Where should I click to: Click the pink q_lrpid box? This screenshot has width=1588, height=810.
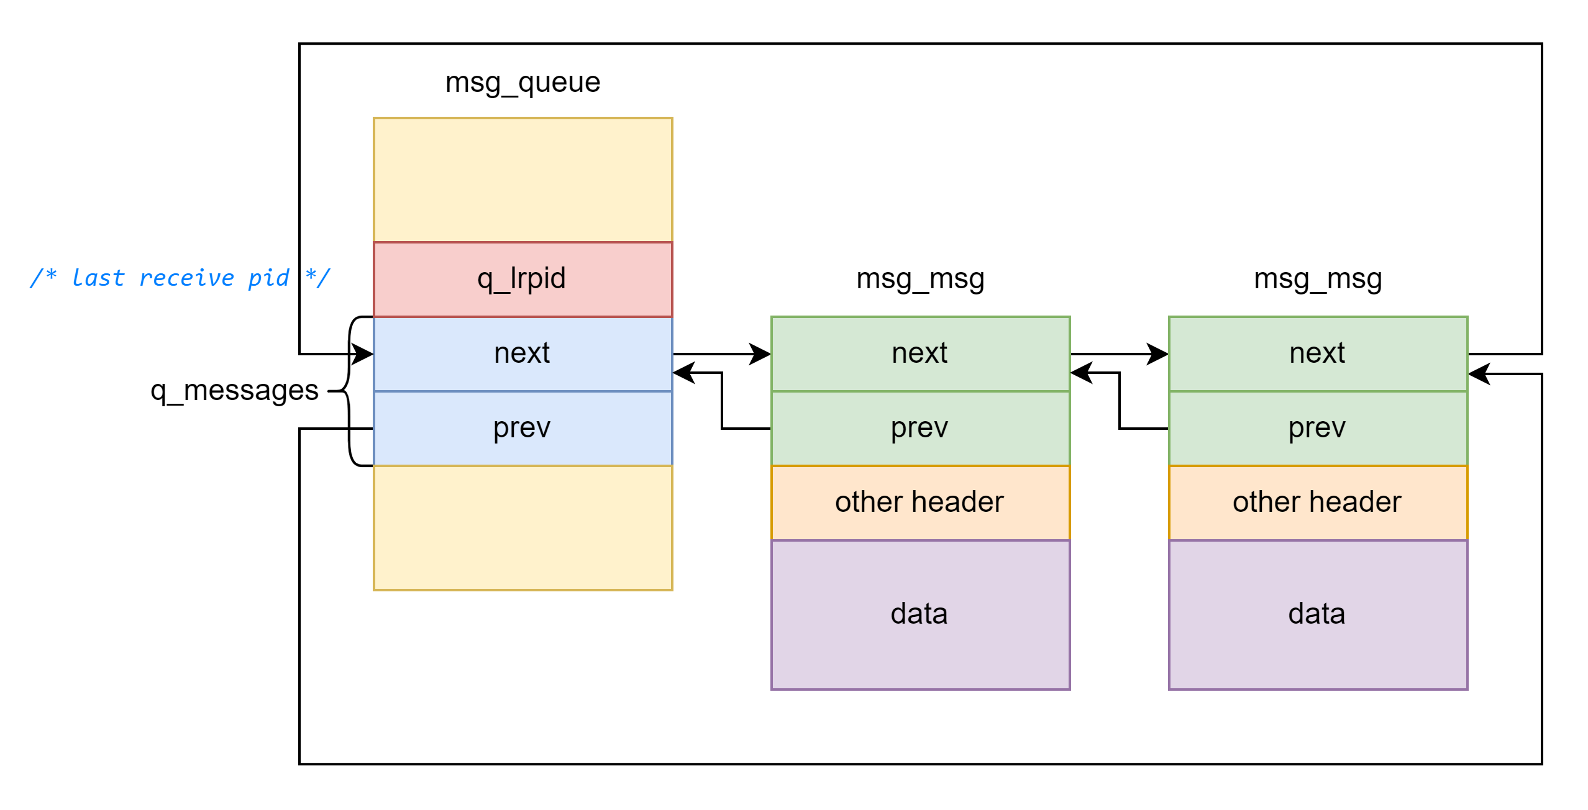(522, 279)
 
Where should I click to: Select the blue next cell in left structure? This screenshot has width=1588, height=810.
(522, 353)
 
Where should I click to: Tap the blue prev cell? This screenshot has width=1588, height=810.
(522, 428)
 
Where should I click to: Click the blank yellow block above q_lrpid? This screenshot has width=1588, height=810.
(522, 180)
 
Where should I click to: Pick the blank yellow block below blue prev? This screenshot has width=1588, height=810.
(522, 527)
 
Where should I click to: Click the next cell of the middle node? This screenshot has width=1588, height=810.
(920, 353)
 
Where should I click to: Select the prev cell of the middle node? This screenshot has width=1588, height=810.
(920, 428)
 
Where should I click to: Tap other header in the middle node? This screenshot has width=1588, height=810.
(920, 503)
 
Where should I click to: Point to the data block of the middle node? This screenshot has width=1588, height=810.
(920, 614)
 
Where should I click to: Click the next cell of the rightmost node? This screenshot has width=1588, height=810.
(1318, 353)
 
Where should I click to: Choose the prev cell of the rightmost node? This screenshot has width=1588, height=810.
(1318, 428)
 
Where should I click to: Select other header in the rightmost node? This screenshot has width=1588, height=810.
(1318, 503)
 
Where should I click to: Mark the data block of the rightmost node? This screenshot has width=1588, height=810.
(1318, 614)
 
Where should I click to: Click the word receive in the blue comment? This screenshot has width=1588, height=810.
(186, 278)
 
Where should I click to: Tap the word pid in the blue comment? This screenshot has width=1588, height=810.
(268, 278)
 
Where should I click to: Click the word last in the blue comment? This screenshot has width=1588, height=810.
(98, 278)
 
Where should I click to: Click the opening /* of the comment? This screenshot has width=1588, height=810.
(43, 277)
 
